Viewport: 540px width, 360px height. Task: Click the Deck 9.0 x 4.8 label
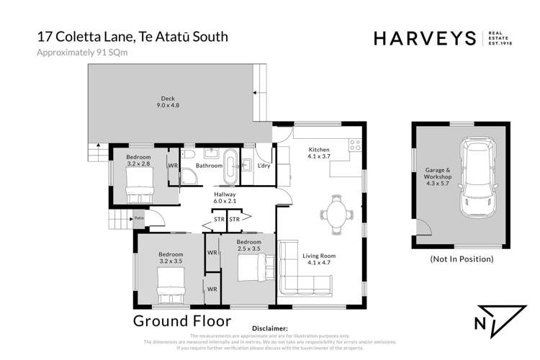coord(168,102)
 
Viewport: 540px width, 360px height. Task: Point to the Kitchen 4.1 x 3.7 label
coord(318,153)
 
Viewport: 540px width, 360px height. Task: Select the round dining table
coord(336,213)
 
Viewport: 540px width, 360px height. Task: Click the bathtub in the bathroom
coord(230,167)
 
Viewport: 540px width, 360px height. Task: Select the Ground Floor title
coord(182,320)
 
